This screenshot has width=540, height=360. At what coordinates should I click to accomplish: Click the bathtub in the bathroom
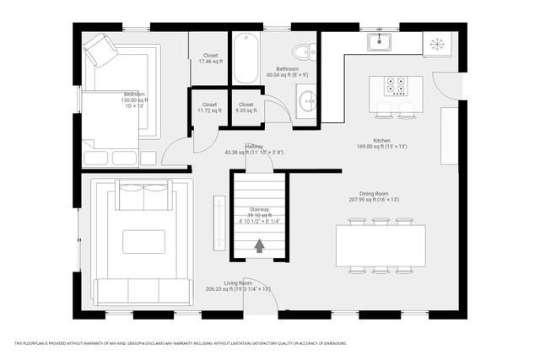click(247, 56)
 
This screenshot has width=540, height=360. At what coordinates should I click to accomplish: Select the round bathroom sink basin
click(307, 101)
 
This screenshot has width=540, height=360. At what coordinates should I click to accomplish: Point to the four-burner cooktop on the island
click(396, 85)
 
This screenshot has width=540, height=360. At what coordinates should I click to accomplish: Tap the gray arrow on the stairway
click(260, 245)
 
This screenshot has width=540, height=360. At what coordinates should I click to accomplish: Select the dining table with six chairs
click(381, 246)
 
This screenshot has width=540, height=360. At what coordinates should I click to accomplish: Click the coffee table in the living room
click(143, 242)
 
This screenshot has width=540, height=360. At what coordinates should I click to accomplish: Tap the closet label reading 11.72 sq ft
click(209, 110)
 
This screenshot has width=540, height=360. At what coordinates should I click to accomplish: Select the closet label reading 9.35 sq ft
click(246, 110)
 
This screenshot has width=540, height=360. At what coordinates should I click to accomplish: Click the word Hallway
click(254, 146)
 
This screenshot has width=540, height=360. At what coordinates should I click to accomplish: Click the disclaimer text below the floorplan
click(181, 343)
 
